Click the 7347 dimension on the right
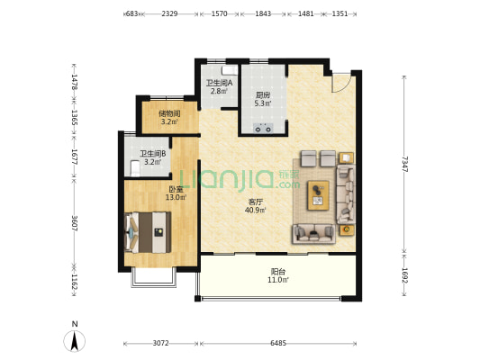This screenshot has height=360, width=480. [x=404, y=164]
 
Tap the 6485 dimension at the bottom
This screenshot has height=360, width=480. [x=278, y=343]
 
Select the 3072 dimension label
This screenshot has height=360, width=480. [x=160, y=343]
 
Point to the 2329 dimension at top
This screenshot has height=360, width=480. [x=169, y=13]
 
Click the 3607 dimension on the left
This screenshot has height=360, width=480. [x=75, y=223]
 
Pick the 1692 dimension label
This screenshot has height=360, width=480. [x=404, y=276]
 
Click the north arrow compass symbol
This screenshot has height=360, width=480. [x=75, y=340]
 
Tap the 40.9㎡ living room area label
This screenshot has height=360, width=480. [x=255, y=210]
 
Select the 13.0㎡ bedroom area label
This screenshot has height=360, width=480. [x=176, y=198]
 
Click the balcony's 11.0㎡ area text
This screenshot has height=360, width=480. [x=278, y=280]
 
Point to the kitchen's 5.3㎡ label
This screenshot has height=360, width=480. [x=263, y=103]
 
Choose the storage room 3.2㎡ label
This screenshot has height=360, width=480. [x=169, y=122]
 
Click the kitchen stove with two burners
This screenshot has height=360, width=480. [x=263, y=128]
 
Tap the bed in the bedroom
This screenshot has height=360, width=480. [x=148, y=232]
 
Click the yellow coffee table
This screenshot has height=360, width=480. [x=319, y=195]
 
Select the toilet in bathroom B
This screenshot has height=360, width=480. [x=135, y=168]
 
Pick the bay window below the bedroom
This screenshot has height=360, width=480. [x=154, y=278]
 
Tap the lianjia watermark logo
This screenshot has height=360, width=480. [x=240, y=179]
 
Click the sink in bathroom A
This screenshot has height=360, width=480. [x=230, y=70]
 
